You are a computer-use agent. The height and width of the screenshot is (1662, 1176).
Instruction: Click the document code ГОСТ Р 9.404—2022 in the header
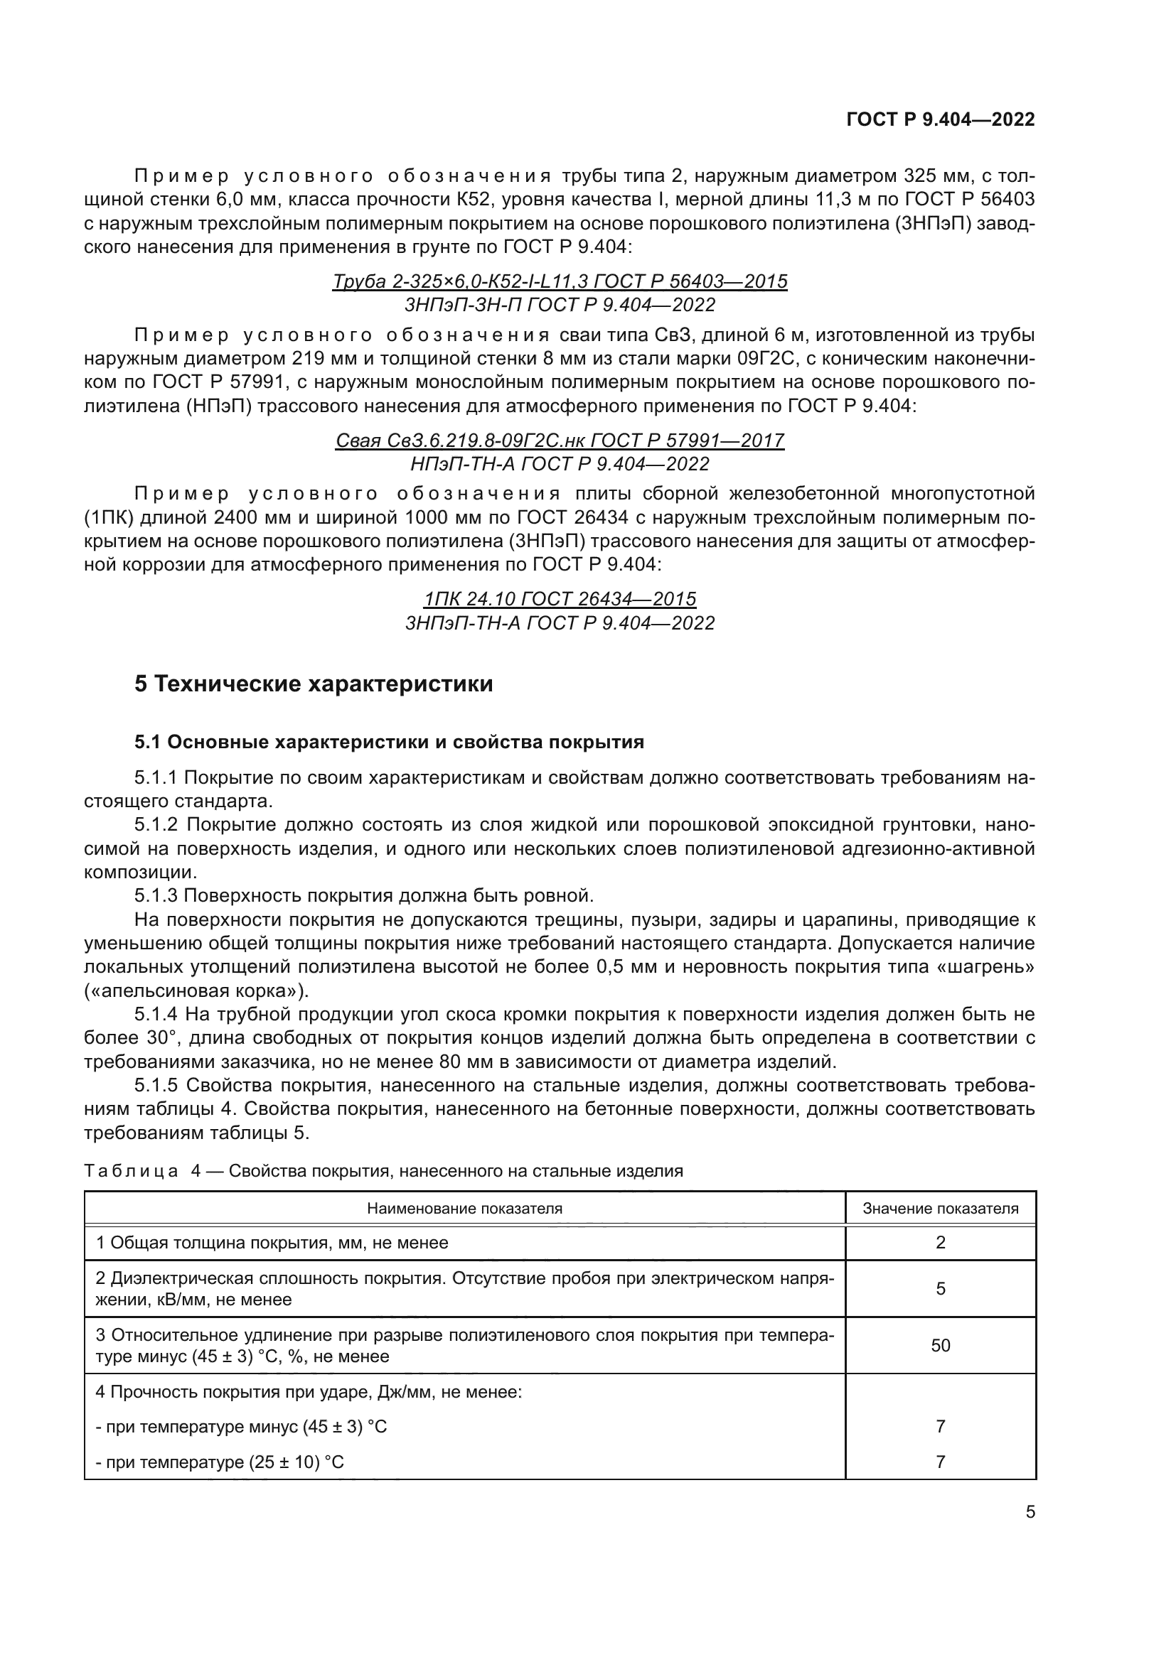coord(940,119)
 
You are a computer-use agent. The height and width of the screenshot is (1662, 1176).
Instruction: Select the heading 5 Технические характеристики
coord(313,684)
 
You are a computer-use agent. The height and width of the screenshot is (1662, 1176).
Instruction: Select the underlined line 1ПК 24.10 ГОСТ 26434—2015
coord(560,598)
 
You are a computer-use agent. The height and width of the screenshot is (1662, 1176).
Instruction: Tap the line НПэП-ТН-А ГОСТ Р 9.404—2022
coord(560,464)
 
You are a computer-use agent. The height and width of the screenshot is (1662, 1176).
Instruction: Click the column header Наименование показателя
coord(464,1208)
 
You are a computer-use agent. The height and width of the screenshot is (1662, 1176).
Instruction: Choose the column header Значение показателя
coord(940,1208)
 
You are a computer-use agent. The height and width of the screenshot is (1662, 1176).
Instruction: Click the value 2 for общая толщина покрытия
coord(940,1243)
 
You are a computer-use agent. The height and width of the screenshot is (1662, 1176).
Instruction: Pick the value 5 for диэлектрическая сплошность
coord(940,1288)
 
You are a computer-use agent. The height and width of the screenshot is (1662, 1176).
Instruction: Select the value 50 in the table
coord(940,1346)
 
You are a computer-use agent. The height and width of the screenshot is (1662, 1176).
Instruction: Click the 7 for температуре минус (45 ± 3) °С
coord(940,1427)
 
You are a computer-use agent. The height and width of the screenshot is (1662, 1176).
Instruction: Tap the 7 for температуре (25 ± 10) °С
coord(940,1462)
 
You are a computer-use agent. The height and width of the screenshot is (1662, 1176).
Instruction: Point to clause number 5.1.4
coord(156,1014)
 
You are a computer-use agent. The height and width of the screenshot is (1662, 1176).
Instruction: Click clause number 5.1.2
coord(156,825)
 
